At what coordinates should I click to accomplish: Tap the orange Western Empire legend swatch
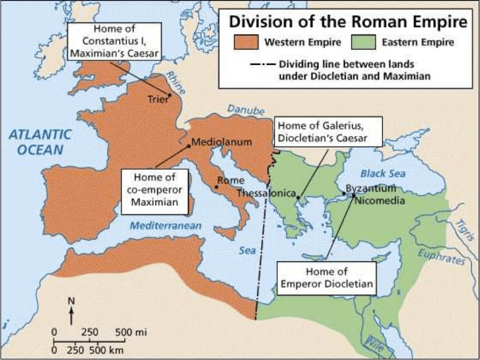click(x=246, y=42)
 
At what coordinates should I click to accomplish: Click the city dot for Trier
click(x=169, y=95)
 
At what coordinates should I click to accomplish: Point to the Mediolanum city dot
click(x=189, y=146)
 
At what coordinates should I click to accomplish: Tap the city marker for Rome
click(x=217, y=187)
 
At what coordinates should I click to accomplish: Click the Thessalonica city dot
click(x=298, y=198)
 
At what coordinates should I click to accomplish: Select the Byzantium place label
click(x=371, y=189)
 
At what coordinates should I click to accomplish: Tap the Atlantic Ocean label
click(x=40, y=142)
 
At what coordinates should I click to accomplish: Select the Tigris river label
click(x=463, y=229)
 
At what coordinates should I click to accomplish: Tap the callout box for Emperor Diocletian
click(x=326, y=278)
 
